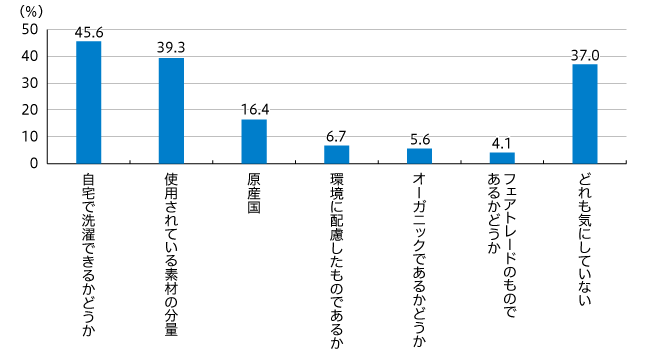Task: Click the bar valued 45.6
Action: point(89,102)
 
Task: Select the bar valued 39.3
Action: point(171,110)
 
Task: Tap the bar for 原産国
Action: point(254,141)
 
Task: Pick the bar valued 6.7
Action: point(336,154)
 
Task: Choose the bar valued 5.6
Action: point(419,155)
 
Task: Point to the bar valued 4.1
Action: point(502,157)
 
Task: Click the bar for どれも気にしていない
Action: point(584,113)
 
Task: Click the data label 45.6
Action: point(89,32)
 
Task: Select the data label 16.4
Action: point(254,110)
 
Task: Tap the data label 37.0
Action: point(584,55)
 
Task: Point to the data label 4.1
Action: point(502,143)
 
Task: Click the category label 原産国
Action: point(254,192)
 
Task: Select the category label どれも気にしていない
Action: point(584,238)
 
